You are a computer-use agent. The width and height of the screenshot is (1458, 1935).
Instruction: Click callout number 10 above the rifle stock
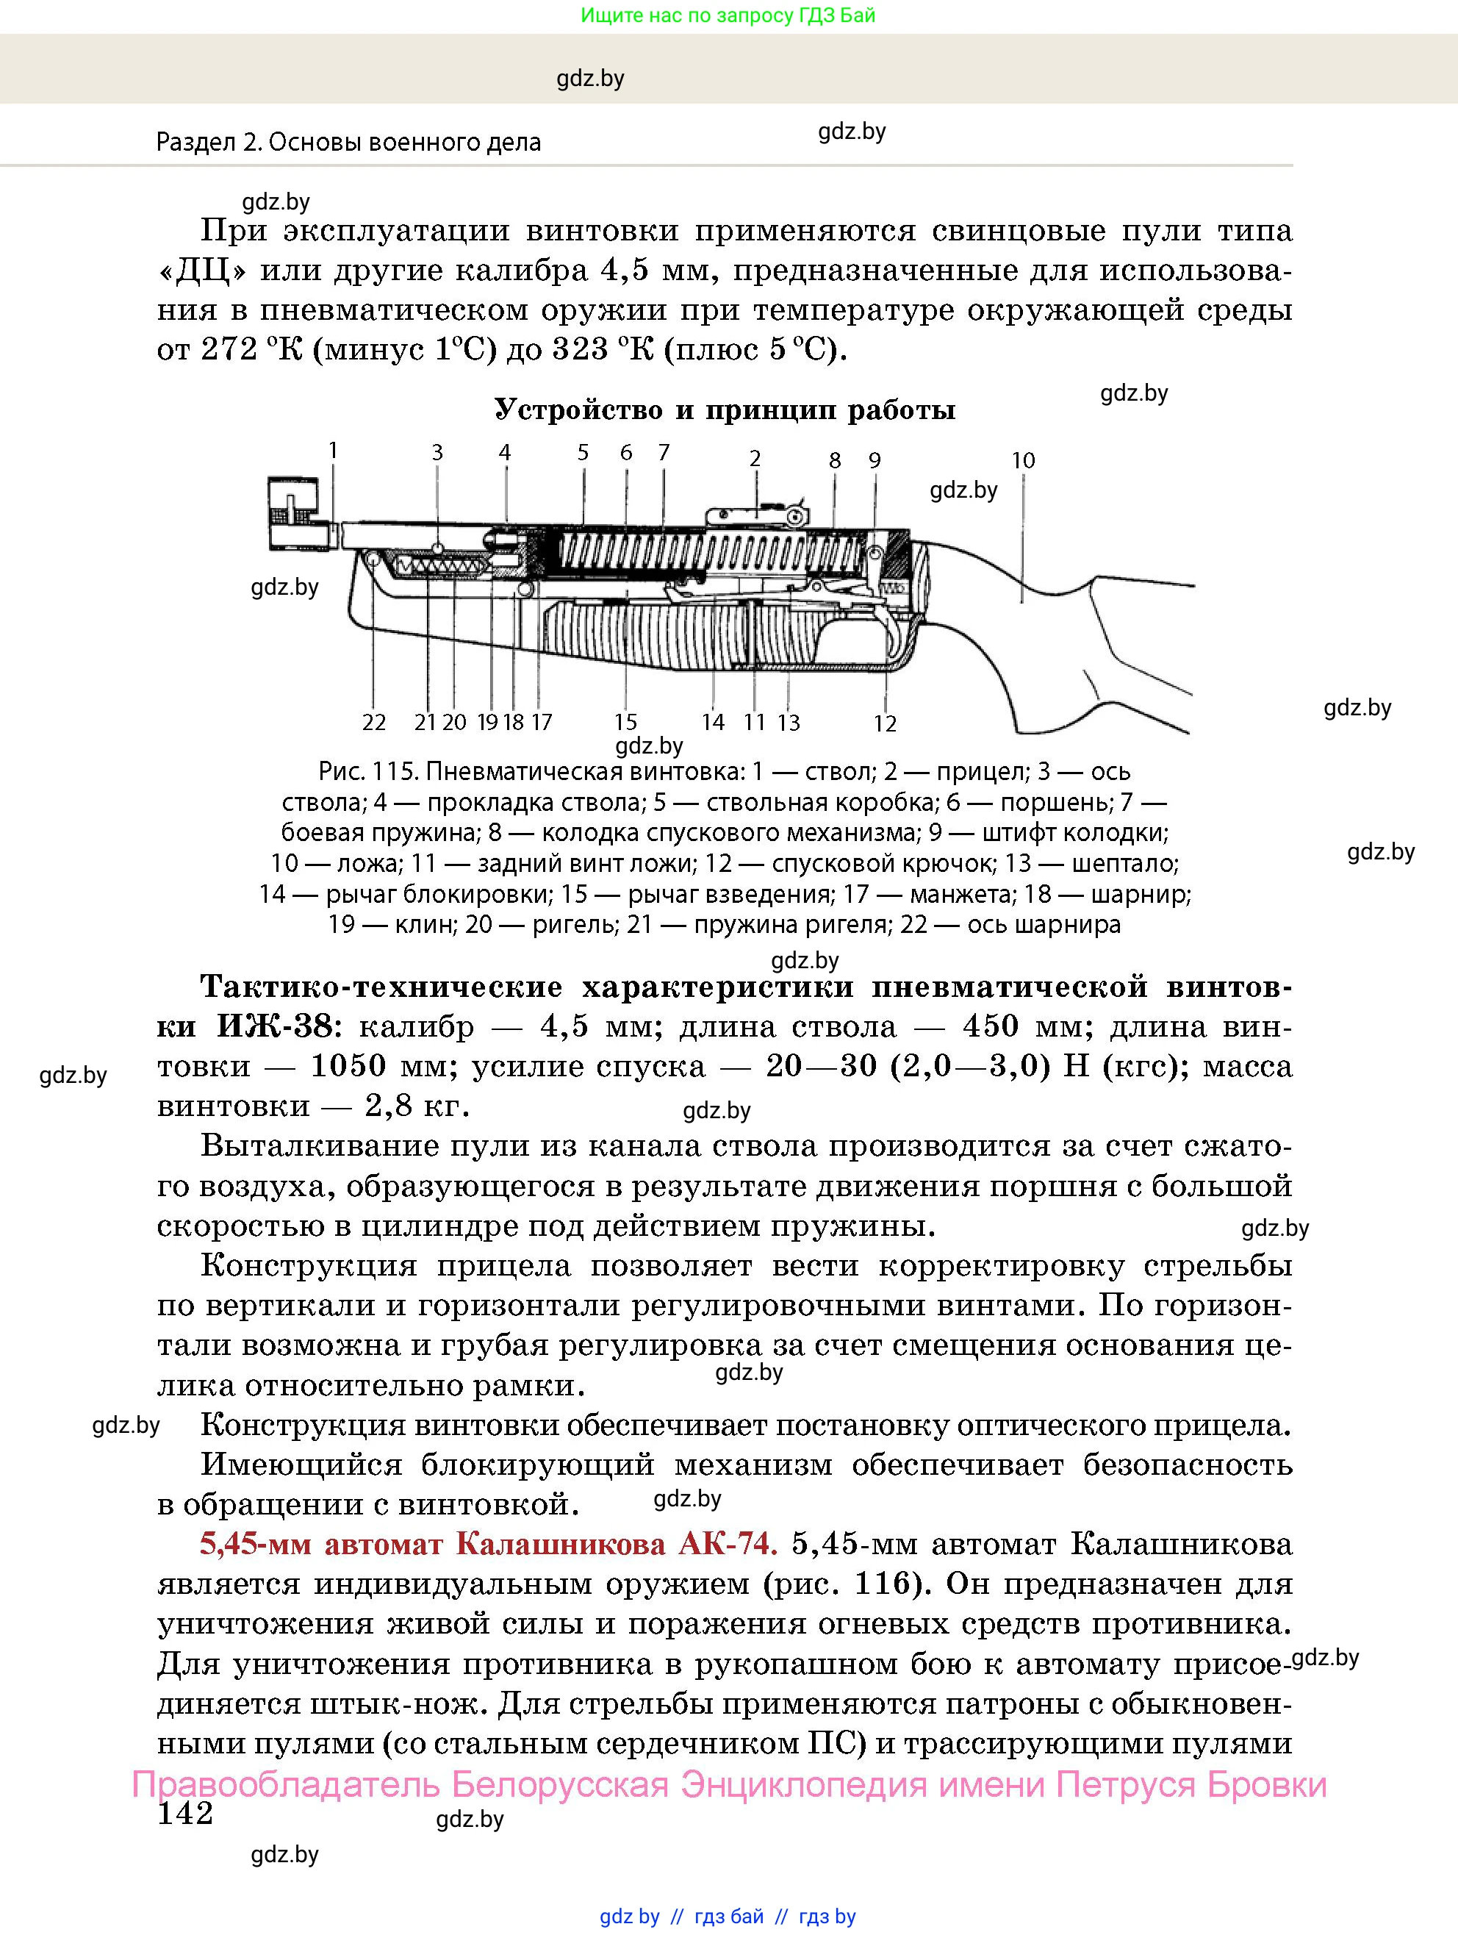[1022, 460]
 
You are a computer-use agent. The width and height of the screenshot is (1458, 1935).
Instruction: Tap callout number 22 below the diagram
[373, 722]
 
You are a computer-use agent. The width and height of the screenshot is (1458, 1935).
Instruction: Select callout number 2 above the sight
[755, 458]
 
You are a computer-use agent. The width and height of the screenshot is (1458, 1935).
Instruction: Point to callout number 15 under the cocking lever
[625, 722]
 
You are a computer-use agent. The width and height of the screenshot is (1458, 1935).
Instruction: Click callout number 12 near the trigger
[885, 723]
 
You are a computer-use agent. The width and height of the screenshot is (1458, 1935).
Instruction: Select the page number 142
[184, 1814]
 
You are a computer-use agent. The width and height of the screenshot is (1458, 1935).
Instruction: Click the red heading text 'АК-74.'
[727, 1544]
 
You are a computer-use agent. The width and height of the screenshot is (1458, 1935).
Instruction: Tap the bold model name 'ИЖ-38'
[274, 1026]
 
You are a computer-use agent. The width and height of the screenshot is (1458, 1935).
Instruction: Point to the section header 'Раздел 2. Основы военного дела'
[348, 143]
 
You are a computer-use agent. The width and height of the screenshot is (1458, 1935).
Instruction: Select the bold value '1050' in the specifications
[348, 1066]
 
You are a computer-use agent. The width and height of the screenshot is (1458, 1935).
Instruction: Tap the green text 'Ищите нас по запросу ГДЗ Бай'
[728, 15]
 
